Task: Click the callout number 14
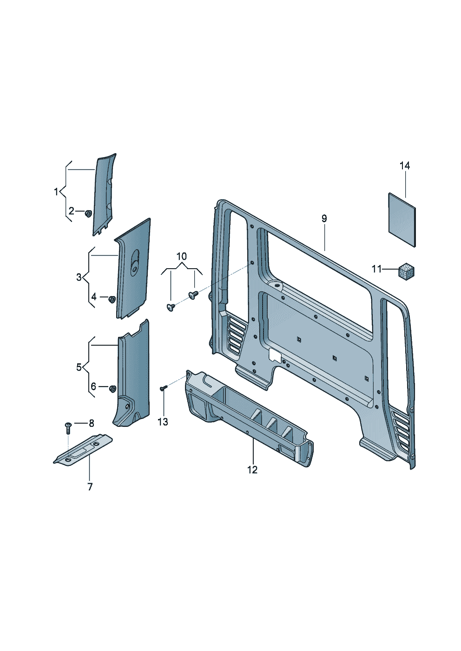404,166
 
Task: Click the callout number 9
324,219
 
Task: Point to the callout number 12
252,470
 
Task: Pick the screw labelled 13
163,388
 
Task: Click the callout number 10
182,256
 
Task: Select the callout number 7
90,487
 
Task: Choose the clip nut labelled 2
87,213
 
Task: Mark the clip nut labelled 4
112,299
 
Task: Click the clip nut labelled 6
112,388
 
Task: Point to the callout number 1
56,191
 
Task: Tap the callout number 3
79,277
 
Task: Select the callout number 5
79,367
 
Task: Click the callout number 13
163,422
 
